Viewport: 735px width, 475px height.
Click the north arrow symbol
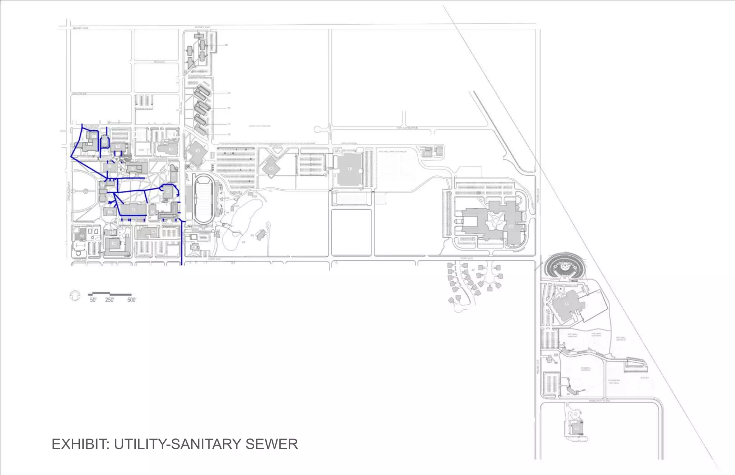pos(75,296)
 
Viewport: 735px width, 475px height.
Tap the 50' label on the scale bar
pos(93,300)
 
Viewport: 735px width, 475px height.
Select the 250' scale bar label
pos(109,300)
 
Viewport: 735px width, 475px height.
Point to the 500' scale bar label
pos(132,300)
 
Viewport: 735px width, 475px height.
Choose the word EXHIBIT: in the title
pos(81,444)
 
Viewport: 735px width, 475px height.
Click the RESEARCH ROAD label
pos(599,400)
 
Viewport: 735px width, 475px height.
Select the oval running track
pos(203,199)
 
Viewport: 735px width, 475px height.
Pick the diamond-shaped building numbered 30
pos(271,168)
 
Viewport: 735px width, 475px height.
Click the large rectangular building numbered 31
pos(350,169)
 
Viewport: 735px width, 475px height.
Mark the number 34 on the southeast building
pos(567,304)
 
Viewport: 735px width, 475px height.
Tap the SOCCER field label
pos(645,377)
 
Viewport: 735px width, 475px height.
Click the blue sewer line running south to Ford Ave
pos(182,244)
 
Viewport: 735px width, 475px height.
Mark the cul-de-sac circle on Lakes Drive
pos(318,129)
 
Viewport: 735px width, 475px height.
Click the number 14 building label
pos(171,149)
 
